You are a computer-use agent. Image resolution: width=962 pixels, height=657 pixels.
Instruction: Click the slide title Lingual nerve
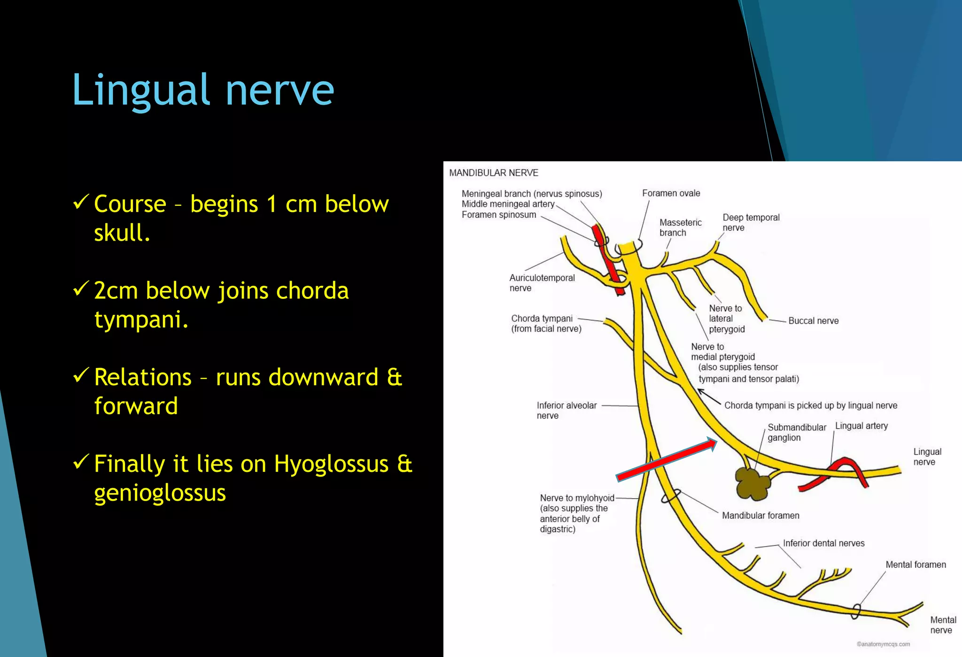pyautogui.click(x=203, y=90)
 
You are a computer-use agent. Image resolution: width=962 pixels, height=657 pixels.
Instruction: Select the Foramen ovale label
pyautogui.click(x=671, y=193)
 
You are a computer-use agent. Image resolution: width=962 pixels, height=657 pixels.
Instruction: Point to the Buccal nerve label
pyautogui.click(x=813, y=321)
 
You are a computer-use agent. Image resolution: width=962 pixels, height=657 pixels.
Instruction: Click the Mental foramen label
pyautogui.click(x=915, y=564)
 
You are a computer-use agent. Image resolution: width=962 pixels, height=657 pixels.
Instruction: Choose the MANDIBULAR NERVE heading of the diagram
pyautogui.click(x=493, y=173)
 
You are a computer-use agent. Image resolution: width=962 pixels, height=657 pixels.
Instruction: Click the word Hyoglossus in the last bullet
pyautogui.click(x=331, y=464)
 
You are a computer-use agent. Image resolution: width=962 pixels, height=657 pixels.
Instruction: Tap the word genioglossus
pyautogui.click(x=160, y=493)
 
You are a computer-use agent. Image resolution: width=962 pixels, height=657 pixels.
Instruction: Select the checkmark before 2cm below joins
pyautogui.click(x=81, y=289)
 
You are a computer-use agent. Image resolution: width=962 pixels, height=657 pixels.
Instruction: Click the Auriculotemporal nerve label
pyautogui.click(x=542, y=283)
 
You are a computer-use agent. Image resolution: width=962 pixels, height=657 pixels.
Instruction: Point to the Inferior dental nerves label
pyautogui.click(x=823, y=543)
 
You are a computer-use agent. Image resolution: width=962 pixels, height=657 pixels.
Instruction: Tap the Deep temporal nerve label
pyautogui.click(x=751, y=222)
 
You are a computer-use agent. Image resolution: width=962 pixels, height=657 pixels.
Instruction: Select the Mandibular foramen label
pyautogui.click(x=760, y=516)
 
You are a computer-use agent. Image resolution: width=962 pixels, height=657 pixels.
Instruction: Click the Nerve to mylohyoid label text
pyautogui.click(x=576, y=513)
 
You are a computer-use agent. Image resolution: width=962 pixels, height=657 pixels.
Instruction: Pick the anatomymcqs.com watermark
pyautogui.click(x=883, y=644)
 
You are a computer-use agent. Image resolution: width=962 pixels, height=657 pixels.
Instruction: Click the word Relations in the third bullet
pyautogui.click(x=143, y=377)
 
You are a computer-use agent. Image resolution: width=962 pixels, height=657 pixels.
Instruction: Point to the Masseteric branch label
pyautogui.click(x=680, y=227)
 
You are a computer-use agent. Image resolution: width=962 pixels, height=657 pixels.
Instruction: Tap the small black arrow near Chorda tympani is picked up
pyautogui.click(x=708, y=396)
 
